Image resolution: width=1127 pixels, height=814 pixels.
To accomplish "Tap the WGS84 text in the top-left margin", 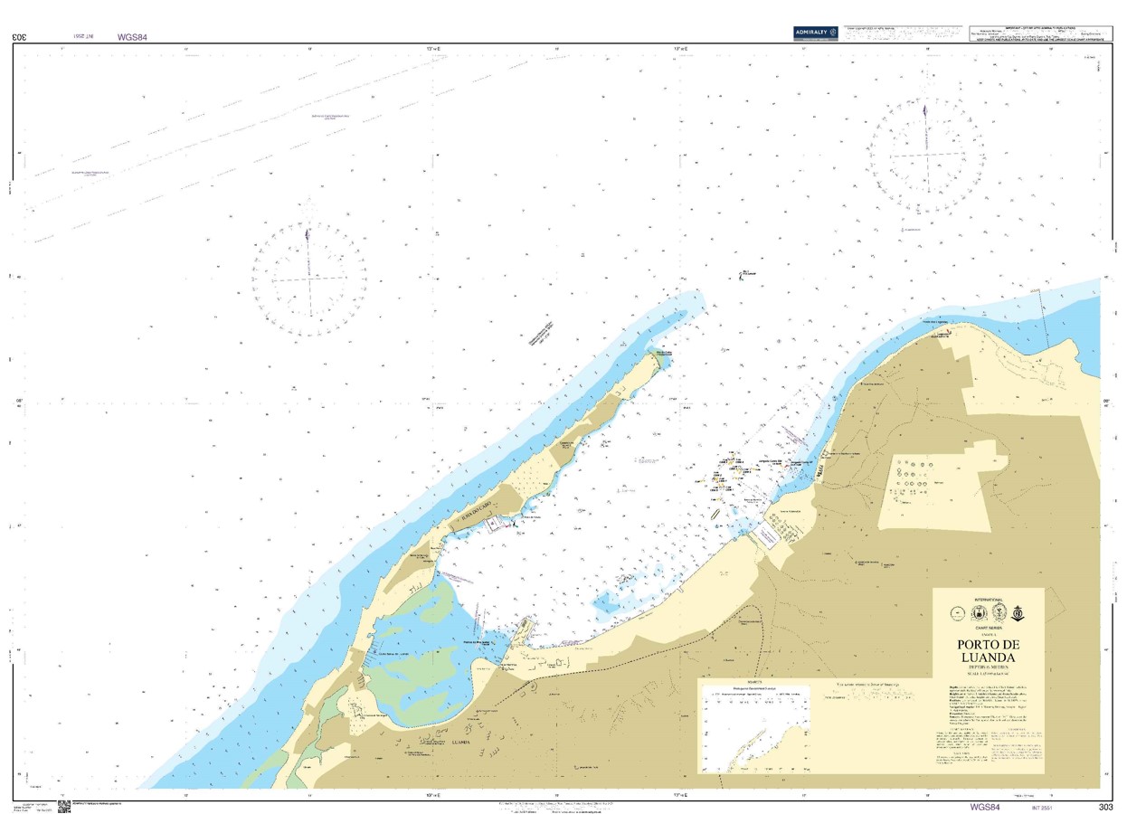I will (x=132, y=38).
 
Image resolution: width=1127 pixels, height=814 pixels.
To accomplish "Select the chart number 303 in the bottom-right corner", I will (x=1105, y=807).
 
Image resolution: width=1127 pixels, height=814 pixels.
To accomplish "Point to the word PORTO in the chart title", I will (x=988, y=644).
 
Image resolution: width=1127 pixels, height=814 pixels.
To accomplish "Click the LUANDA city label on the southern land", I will (x=459, y=742).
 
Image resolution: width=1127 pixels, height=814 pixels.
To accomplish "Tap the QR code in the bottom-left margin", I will (x=64, y=805).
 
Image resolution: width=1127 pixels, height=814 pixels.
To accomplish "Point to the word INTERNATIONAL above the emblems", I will (x=989, y=600).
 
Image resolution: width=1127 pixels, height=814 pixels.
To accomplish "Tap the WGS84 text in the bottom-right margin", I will (x=984, y=807).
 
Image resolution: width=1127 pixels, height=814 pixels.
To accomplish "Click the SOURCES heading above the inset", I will (x=755, y=683).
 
